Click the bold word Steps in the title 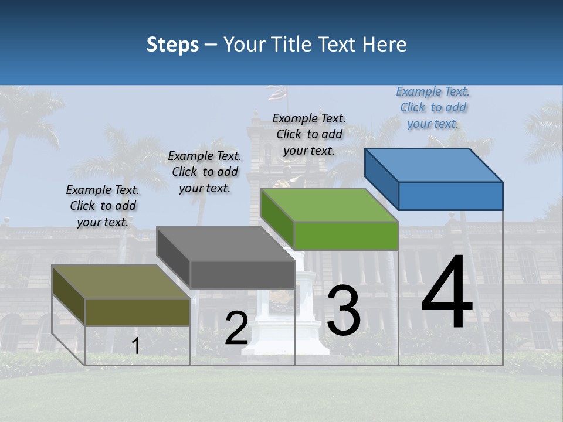(172, 45)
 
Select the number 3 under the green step (344, 311)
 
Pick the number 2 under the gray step (236, 328)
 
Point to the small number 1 (135, 346)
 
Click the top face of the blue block (433, 165)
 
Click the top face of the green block (328, 205)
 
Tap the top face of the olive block (120, 282)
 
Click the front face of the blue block (450, 196)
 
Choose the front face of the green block (346, 236)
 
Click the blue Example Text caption (433, 107)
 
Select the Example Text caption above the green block (309, 134)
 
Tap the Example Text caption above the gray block (205, 172)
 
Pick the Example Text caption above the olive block (103, 206)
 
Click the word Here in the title (385, 45)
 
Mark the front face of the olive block (137, 312)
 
